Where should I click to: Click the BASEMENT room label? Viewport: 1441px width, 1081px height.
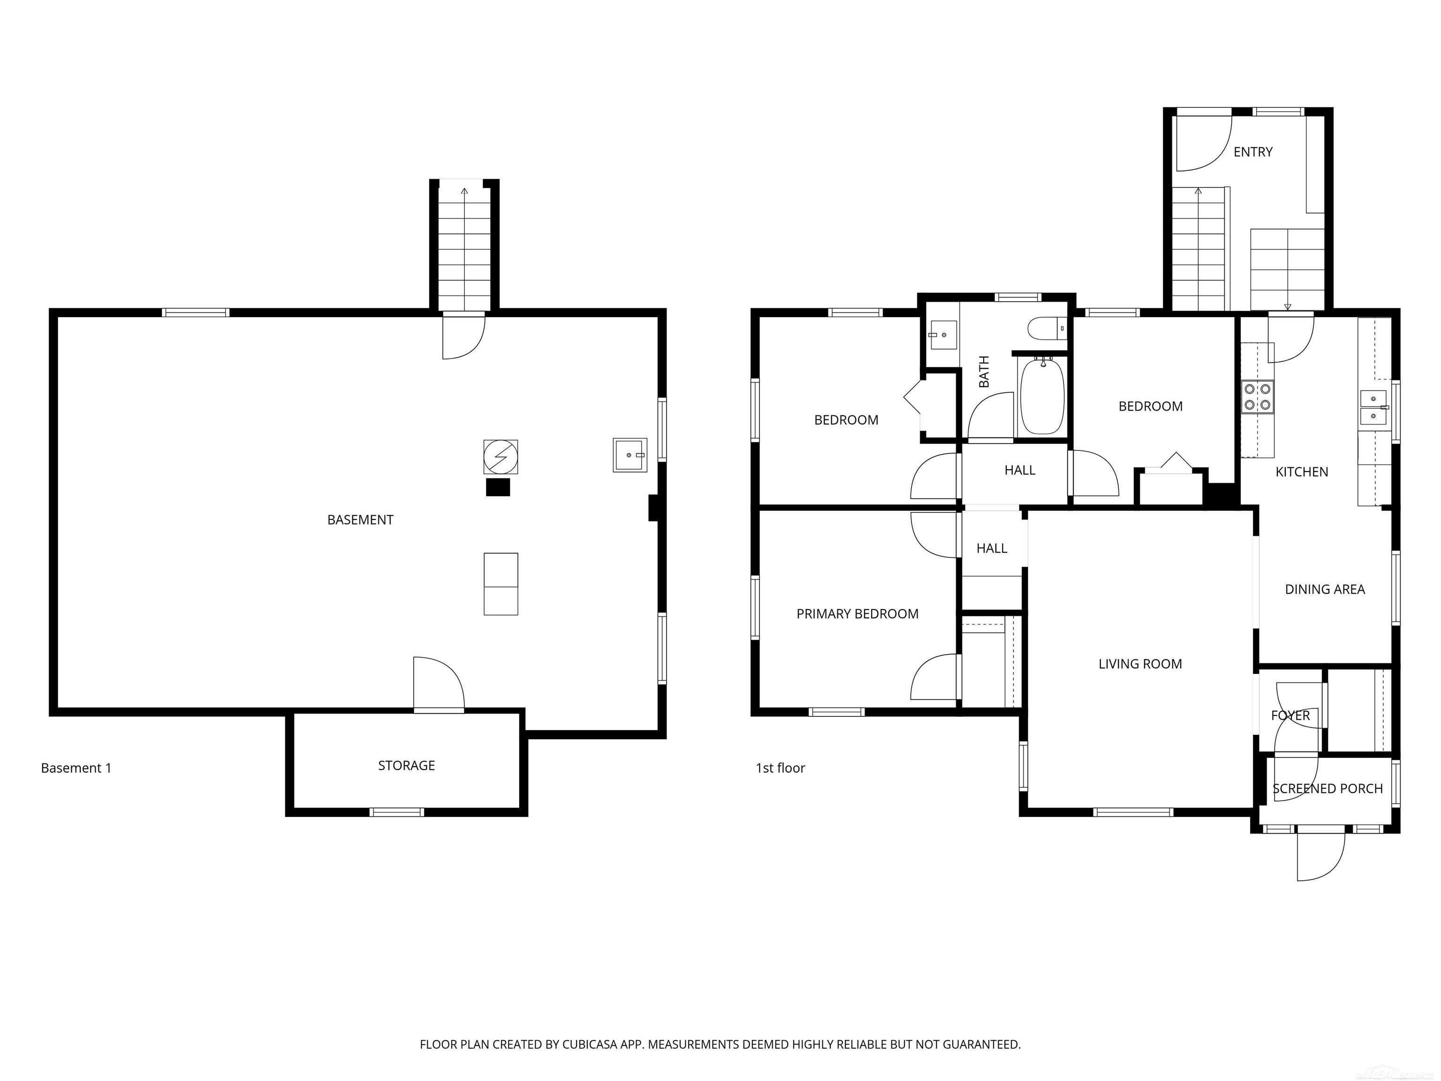tap(360, 520)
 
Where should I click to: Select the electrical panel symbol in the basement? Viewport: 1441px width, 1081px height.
tap(501, 457)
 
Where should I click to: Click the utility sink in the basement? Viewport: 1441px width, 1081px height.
tap(629, 455)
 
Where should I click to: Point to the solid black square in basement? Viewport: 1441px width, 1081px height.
tap(498, 487)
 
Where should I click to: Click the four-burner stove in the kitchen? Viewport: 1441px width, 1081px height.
tap(1257, 397)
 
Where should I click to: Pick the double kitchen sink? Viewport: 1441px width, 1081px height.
tap(1373, 407)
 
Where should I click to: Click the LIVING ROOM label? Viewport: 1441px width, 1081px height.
tap(1139, 664)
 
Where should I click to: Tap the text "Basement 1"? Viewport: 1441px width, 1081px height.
tap(76, 768)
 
